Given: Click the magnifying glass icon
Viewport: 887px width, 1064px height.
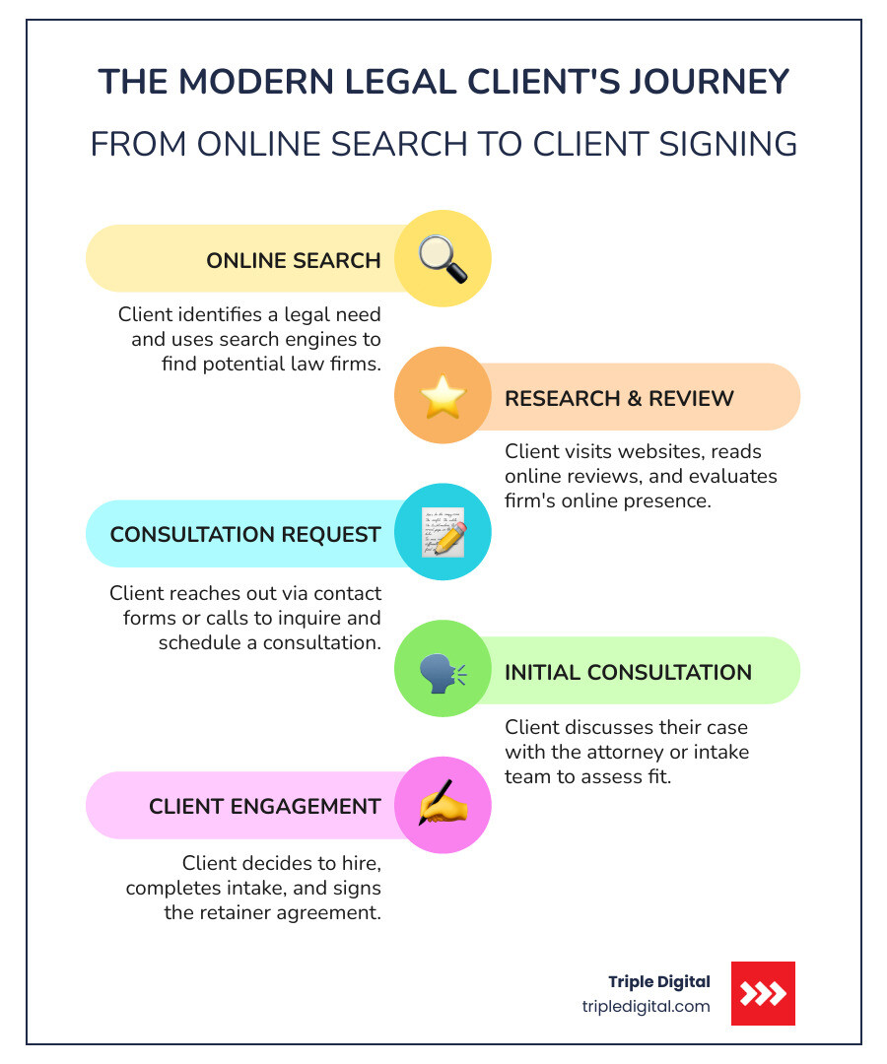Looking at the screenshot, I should (x=443, y=259).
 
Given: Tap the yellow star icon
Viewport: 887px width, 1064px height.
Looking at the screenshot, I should (x=443, y=397).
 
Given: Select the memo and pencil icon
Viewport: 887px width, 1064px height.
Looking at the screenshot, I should (x=443, y=532).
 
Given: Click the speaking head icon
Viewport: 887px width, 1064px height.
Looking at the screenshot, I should (x=443, y=671).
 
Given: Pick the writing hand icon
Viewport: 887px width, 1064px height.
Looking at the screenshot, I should (x=443, y=805).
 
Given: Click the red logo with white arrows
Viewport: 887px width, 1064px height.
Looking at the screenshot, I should (x=763, y=993).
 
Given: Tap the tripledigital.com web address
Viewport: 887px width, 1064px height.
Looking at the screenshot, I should (x=646, y=1006).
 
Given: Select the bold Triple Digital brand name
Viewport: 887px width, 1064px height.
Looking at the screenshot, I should (x=658, y=981).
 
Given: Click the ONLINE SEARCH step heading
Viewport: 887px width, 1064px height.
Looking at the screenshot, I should (x=293, y=261).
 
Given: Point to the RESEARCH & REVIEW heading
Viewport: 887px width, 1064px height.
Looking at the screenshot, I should (x=619, y=398).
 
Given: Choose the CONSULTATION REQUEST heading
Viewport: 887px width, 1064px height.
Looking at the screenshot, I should (x=245, y=535).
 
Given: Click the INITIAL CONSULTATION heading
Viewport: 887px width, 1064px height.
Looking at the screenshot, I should (x=628, y=672).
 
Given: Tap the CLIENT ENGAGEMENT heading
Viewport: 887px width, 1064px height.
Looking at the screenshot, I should (x=264, y=806).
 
